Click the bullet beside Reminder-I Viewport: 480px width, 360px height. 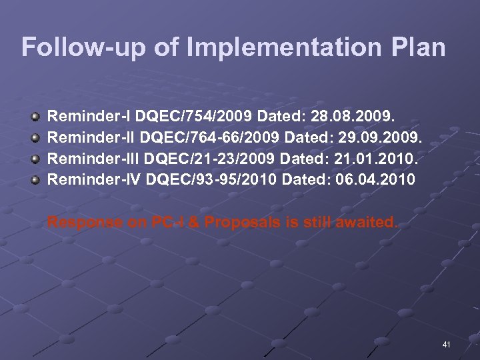click(35, 117)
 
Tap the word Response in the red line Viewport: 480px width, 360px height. click(85, 223)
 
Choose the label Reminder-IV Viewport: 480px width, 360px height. click(93, 179)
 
